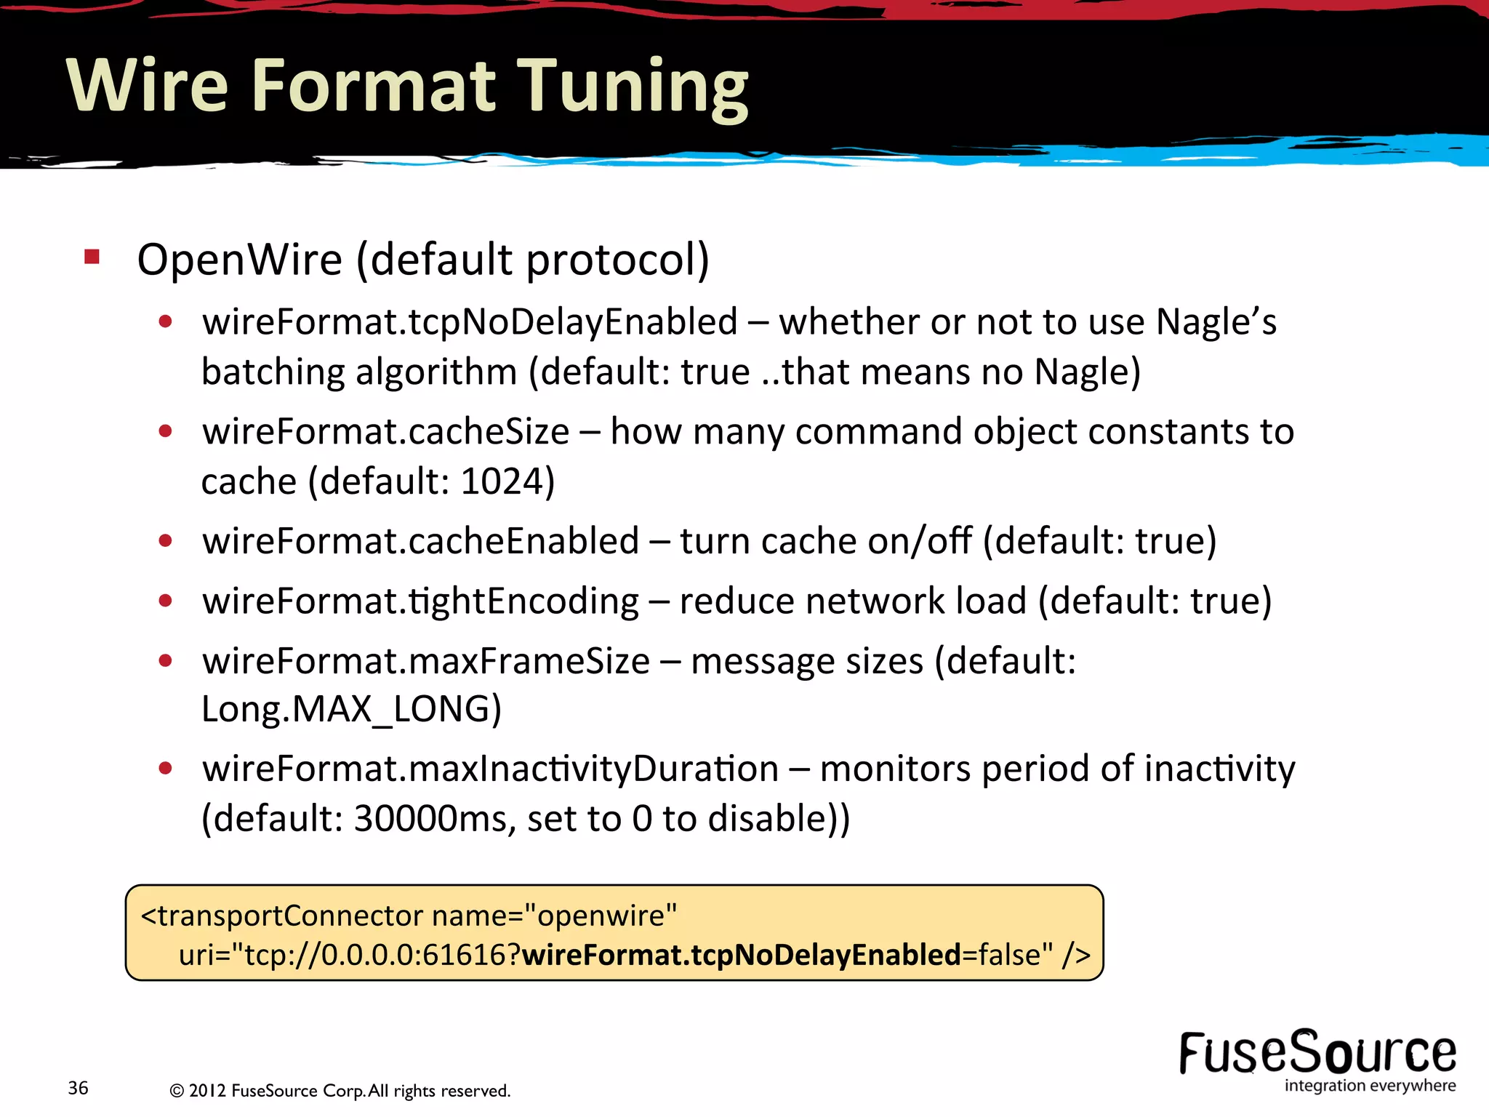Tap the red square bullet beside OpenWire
click(x=92, y=256)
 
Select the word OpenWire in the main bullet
click(x=239, y=260)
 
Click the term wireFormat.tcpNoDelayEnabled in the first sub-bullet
click(x=470, y=322)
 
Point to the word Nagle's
click(x=1216, y=322)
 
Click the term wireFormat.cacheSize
click(x=385, y=432)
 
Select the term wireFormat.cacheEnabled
click(x=420, y=541)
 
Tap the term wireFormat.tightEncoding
click(x=420, y=601)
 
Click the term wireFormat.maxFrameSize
click(x=425, y=661)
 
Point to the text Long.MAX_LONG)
click(x=351, y=709)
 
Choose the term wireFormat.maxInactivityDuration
click(x=490, y=769)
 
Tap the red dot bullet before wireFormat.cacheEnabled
click(x=166, y=541)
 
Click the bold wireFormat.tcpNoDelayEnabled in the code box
click(x=742, y=955)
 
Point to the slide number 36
click(x=78, y=1088)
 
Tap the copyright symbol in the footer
click(x=176, y=1091)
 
